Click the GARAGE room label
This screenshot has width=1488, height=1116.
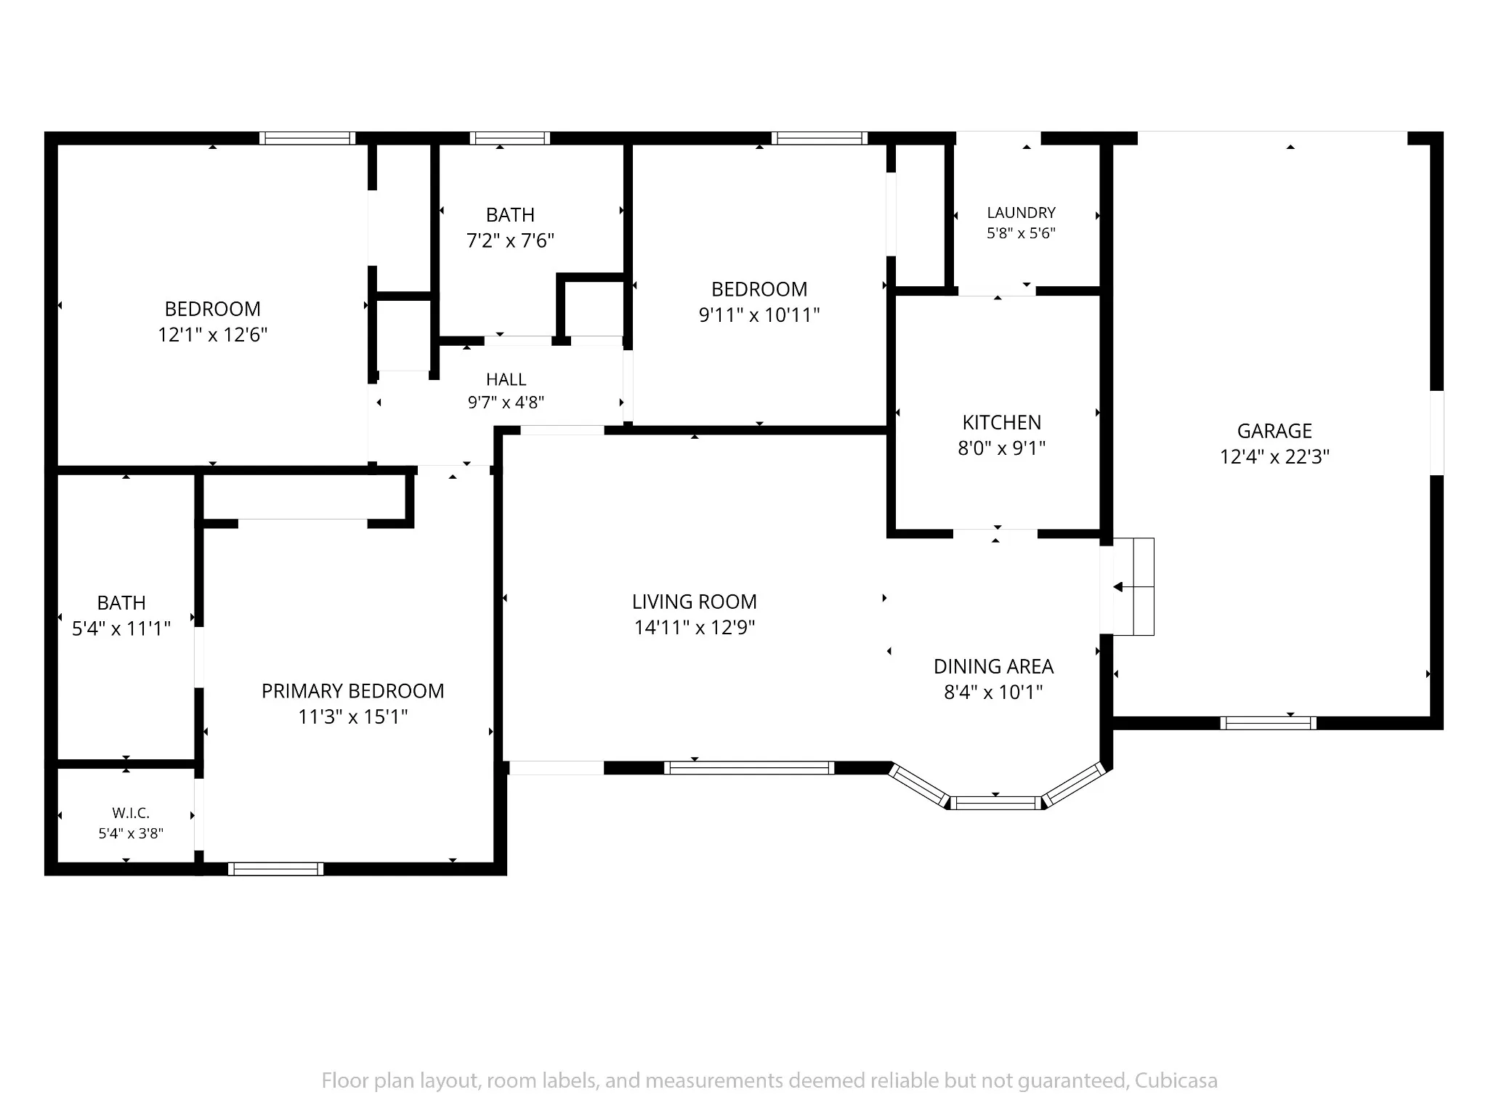point(1274,431)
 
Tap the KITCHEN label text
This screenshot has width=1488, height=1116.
point(1001,422)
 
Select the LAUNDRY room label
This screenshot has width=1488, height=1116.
point(1021,213)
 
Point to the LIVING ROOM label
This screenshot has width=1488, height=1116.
point(694,602)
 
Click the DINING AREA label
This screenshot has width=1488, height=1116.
point(993,666)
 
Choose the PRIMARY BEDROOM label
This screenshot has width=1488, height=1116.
point(352,691)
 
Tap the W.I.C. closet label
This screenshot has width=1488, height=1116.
point(131,813)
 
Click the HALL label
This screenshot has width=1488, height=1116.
point(506,379)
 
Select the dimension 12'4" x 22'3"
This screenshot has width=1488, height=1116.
point(1274,457)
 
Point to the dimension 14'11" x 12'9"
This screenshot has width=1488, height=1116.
point(694,627)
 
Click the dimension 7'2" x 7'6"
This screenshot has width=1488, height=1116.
point(510,240)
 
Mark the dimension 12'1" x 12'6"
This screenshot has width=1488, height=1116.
point(213,335)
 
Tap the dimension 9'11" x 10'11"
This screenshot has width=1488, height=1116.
point(759,315)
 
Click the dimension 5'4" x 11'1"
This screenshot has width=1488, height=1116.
point(121,628)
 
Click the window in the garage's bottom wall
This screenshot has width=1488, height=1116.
point(1268,723)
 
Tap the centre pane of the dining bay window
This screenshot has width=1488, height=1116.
point(995,803)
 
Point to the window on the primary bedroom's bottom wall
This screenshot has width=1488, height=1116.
point(275,869)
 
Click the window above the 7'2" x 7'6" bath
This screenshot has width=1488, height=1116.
point(509,138)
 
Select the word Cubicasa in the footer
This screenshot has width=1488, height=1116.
point(1176,1081)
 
